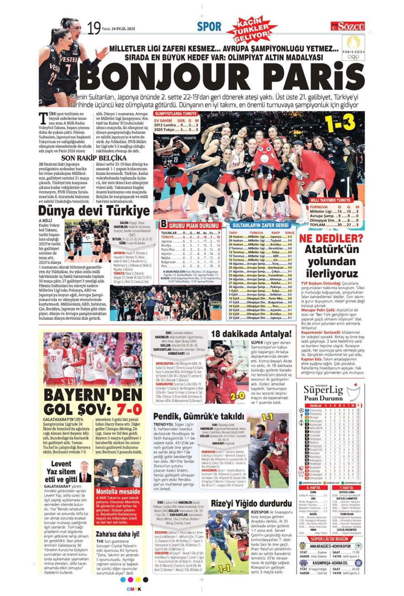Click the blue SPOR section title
[209, 27]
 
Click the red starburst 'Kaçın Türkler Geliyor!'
[253, 29]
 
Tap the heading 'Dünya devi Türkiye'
[94, 211]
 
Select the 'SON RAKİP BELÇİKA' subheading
[94, 158]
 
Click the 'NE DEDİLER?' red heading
[331, 238]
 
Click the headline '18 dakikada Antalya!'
[251, 334]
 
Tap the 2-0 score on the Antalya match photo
[237, 396]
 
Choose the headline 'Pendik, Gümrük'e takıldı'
[199, 416]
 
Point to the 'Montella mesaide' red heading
[118, 492]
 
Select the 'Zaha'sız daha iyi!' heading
[118, 534]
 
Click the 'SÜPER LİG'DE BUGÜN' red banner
[329, 539]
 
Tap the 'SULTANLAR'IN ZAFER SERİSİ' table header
[260, 225]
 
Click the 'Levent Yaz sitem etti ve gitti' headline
[61, 471]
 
